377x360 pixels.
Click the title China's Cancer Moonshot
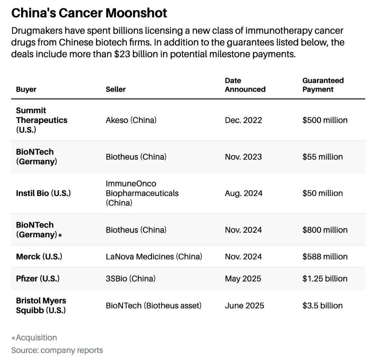coord(89,13)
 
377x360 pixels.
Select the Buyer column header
coord(26,89)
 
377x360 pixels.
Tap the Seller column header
coord(116,89)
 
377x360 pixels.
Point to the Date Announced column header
coord(245,85)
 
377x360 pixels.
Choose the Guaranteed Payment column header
coord(323,85)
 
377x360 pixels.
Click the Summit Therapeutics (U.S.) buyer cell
coord(41,120)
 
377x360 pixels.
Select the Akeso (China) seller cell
coord(131,120)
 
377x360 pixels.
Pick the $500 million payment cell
coord(325,120)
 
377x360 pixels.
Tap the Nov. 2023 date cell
coord(243,157)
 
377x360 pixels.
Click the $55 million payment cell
coord(322,157)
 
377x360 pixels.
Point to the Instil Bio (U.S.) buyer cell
coord(43,193)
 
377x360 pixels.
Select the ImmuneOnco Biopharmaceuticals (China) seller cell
coord(142,193)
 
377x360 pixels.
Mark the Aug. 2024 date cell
coord(244,193)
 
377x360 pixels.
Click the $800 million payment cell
coord(325,230)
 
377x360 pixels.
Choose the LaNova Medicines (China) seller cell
coord(154,257)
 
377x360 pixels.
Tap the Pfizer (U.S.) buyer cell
coord(38,278)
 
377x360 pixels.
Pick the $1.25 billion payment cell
coord(325,278)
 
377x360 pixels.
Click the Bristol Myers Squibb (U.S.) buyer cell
coord(41,306)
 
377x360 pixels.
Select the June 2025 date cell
coord(244,306)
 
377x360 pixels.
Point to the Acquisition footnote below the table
coord(34,338)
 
